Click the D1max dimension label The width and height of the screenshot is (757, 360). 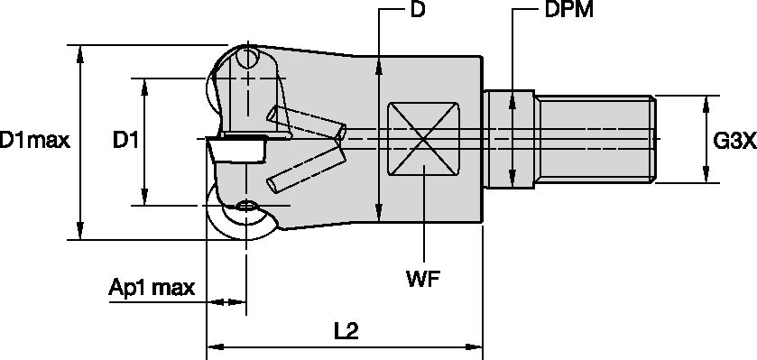(34, 140)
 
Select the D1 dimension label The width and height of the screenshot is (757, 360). (125, 140)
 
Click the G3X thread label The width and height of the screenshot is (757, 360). (733, 140)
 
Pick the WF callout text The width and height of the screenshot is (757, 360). (424, 278)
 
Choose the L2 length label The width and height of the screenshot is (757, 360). (346, 330)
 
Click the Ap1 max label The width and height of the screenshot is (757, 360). (152, 288)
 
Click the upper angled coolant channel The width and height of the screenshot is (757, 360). (307, 122)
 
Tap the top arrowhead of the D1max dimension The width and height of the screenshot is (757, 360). (81, 51)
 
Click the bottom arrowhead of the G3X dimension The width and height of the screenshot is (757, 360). (706, 177)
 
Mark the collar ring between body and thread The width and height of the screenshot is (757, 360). (511, 140)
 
